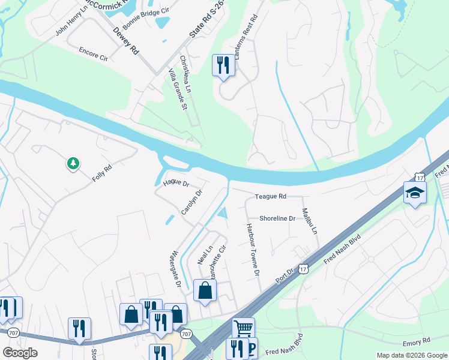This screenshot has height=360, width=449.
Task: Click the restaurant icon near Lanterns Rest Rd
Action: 223,64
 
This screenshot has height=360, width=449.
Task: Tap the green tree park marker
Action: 73,163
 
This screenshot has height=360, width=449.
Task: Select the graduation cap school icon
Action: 414,192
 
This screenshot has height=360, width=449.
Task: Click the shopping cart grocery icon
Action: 243,328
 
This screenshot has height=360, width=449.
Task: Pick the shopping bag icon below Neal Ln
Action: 205,291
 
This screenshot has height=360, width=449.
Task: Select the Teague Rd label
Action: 271,196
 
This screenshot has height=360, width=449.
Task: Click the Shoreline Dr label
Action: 277,218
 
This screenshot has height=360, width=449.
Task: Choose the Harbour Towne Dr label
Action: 253,250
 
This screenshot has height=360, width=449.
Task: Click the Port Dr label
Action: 284,278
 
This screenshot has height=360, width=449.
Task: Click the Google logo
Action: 20,353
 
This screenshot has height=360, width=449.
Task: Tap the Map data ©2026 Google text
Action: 412,355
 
